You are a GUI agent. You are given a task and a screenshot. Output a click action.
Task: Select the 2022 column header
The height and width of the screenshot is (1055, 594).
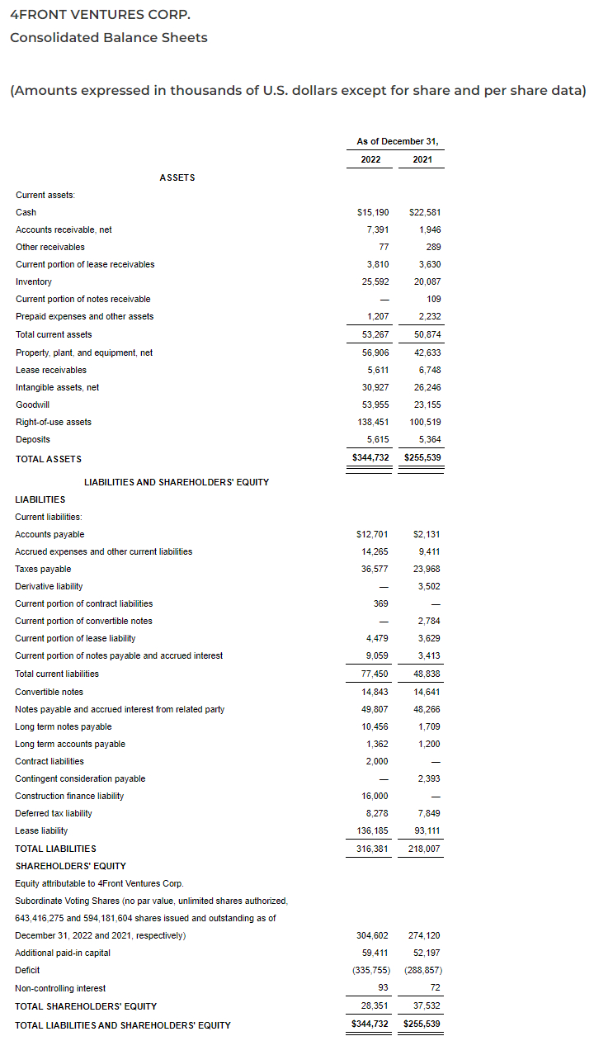[370, 159]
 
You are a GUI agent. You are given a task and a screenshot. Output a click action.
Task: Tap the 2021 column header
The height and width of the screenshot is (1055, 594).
[422, 159]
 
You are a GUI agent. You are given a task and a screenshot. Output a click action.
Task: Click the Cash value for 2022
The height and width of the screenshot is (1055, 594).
[372, 212]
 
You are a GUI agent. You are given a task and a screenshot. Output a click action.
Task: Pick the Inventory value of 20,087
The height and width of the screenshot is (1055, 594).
[425, 281]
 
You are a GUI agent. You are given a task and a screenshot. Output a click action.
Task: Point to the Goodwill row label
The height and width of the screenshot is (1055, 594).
[32, 404]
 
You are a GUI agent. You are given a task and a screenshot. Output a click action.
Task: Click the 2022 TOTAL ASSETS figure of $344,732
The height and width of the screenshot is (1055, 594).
[370, 457]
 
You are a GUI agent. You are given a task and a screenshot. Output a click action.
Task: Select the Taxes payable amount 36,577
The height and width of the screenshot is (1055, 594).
[373, 569]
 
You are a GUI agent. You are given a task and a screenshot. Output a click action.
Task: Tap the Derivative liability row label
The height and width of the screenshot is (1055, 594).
[49, 586]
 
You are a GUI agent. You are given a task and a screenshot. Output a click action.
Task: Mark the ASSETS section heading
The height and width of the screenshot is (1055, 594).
[177, 177]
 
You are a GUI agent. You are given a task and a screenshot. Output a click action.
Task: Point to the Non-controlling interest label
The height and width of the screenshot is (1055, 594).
[60, 987]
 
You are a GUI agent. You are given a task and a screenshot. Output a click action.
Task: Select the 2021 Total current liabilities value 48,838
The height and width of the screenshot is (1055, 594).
[425, 674]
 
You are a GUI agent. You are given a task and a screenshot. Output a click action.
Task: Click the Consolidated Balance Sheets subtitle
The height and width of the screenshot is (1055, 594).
[108, 38]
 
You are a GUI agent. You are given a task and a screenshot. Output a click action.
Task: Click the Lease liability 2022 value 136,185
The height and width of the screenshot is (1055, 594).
[371, 830]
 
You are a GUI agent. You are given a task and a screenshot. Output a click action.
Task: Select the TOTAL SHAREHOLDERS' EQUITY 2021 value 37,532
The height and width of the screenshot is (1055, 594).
[425, 1005]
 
